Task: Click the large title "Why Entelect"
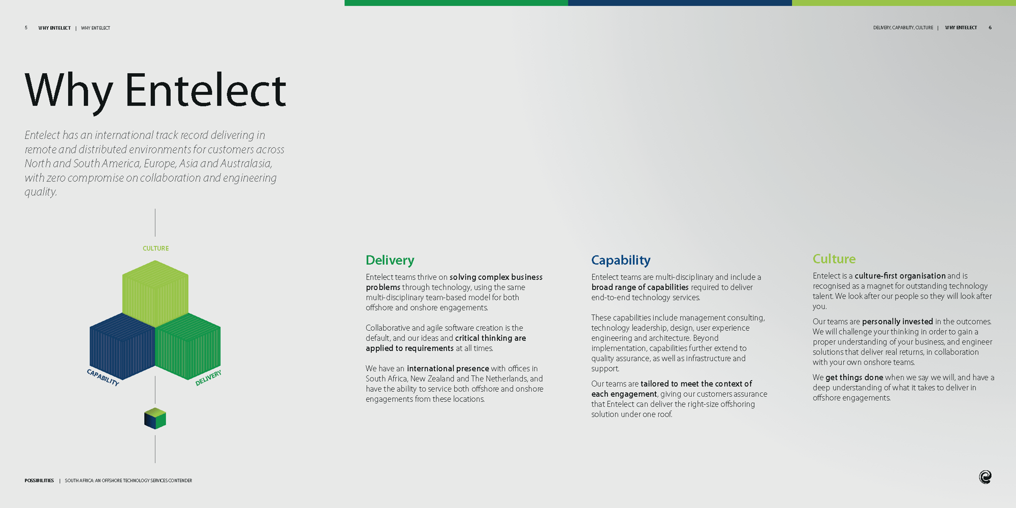click(x=155, y=90)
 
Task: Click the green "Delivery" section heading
click(x=390, y=260)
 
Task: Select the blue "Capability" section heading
click(x=620, y=260)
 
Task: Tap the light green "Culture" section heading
click(x=834, y=259)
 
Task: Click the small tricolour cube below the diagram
click(x=155, y=419)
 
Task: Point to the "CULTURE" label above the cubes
click(x=155, y=248)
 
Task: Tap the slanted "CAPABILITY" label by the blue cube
click(x=103, y=377)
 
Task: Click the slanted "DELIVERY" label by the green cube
click(x=208, y=378)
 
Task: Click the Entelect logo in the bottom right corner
click(x=985, y=477)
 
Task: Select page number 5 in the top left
click(x=26, y=28)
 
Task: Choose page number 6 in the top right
click(x=990, y=28)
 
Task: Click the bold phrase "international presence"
click(x=448, y=368)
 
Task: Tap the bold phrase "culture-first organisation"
click(x=900, y=276)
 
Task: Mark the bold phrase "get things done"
click(x=854, y=377)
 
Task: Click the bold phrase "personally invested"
click(x=897, y=322)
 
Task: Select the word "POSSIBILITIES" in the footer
click(x=39, y=481)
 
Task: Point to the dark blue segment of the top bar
click(x=679, y=3)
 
